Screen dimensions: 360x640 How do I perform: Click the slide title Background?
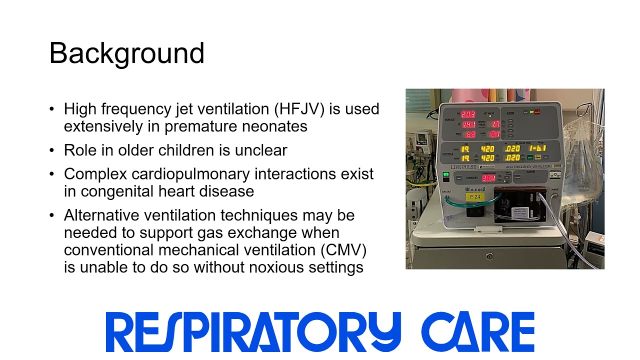pos(127,53)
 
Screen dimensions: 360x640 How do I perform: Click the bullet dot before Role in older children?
pos(52,150)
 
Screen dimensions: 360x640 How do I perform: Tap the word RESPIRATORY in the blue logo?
pos(253,331)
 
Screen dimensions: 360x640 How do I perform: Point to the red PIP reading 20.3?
pos(468,114)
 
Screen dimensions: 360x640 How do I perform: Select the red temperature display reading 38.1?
pos(488,178)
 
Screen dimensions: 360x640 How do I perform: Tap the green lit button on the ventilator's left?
pos(446,175)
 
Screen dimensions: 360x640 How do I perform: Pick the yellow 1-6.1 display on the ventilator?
pos(538,148)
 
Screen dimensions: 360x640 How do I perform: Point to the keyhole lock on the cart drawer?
pos(489,256)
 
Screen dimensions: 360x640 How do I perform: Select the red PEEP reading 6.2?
pos(470,134)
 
